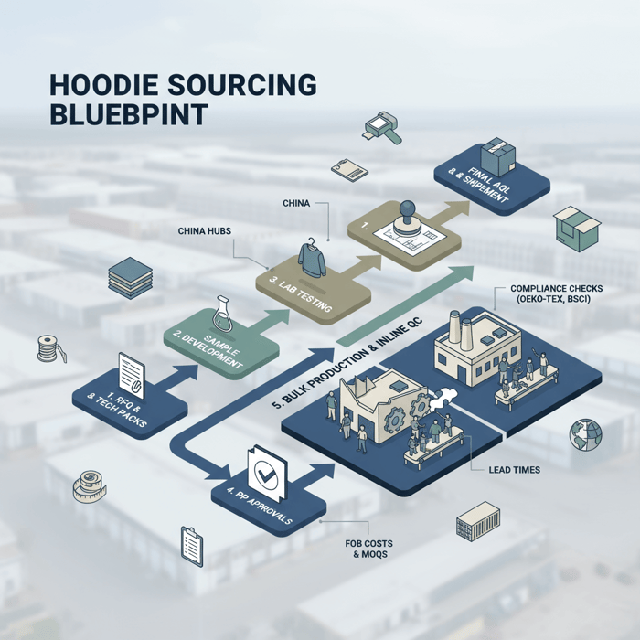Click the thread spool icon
pos(48,349)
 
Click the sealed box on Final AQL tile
pos(499,151)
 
